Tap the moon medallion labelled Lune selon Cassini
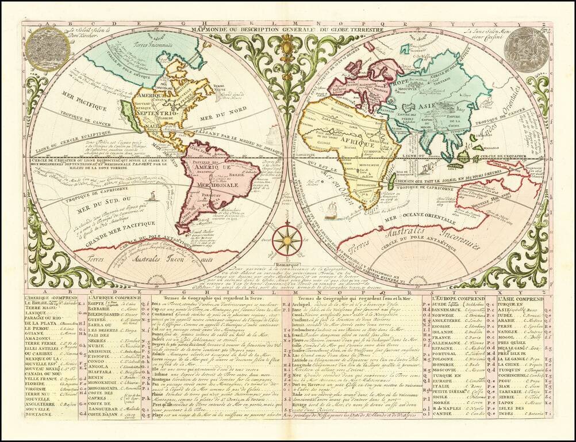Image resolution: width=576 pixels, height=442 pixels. pyautogui.click(x=525, y=49)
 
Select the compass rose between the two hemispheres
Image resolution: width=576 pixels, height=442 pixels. pyautogui.click(x=286, y=240)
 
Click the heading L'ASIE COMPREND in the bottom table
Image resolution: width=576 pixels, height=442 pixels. pyautogui.click(x=521, y=299)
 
